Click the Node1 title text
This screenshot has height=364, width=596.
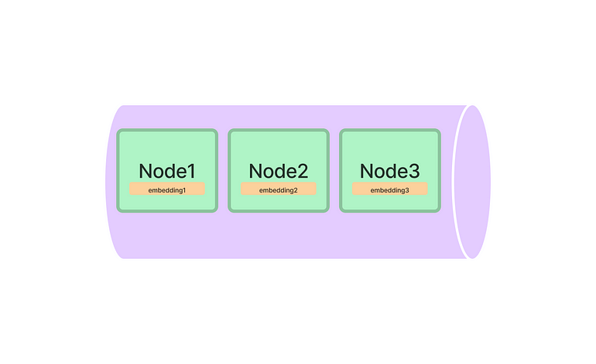[167, 171]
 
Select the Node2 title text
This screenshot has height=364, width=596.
[279, 171]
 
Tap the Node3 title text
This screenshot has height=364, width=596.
[390, 171]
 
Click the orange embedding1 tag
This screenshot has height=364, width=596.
[167, 189]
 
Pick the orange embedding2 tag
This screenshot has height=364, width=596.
[279, 189]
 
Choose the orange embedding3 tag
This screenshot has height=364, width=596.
[390, 189]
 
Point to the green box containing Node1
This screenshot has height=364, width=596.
[167, 147]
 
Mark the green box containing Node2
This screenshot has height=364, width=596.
[279, 147]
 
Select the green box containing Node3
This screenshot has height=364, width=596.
[390, 147]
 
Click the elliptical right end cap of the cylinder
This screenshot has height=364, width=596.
[472, 182]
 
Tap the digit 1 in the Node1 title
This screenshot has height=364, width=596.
[191, 171]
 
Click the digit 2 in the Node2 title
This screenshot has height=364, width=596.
[303, 171]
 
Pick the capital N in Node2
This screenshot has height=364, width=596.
[258, 171]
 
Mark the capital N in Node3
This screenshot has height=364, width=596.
[369, 171]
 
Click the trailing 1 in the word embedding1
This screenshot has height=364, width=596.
[184, 190]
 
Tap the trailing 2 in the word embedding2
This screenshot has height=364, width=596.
[296, 190]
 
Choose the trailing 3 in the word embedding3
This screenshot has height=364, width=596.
[407, 190]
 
